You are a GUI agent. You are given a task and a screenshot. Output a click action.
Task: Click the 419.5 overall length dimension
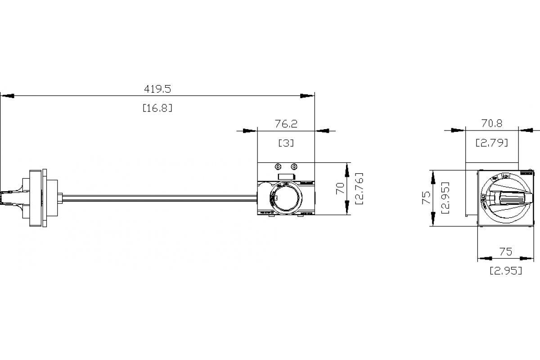click(x=157, y=89)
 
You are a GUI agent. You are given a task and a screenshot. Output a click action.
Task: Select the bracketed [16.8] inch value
click(x=157, y=108)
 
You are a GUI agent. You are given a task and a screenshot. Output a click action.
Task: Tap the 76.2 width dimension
click(x=286, y=124)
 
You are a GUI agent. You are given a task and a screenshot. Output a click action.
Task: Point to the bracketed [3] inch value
click(x=286, y=143)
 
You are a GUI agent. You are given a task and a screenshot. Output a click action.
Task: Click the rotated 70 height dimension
click(x=341, y=189)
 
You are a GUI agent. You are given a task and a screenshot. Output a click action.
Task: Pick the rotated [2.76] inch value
click(x=359, y=189)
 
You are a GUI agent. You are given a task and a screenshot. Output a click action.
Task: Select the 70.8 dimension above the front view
click(x=492, y=123)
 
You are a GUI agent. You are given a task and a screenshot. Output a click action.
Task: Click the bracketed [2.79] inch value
click(x=492, y=143)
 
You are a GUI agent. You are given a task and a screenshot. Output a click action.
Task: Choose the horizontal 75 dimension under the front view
click(x=506, y=252)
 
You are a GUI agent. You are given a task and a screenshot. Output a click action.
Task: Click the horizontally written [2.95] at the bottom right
click(x=506, y=271)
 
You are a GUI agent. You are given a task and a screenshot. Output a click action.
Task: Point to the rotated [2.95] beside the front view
click(x=445, y=198)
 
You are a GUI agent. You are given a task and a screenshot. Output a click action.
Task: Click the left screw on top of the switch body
click(x=278, y=166)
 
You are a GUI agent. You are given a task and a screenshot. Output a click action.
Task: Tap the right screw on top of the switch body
click(x=294, y=166)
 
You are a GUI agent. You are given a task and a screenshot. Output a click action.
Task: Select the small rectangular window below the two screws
click(x=286, y=177)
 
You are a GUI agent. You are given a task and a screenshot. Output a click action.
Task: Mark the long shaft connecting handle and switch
click(x=157, y=197)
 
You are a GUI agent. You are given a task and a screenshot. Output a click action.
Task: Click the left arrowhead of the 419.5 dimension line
click(x=7, y=95)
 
